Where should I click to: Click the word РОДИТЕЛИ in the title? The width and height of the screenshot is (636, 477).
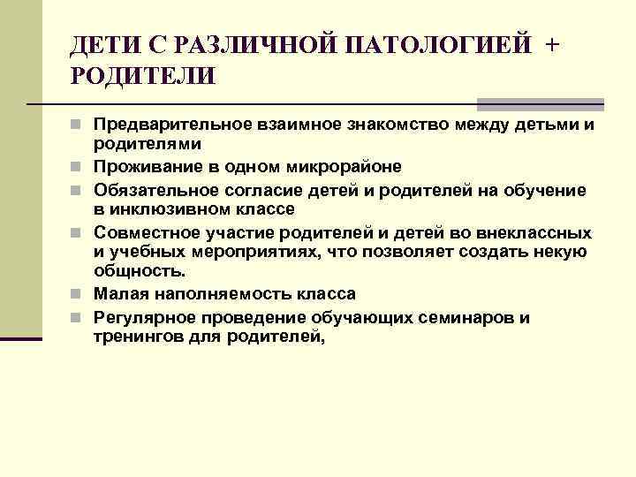click(142, 76)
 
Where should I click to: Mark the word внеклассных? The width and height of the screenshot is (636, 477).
click(535, 232)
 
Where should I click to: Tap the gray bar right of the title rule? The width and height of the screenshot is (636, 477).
click(540, 104)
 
